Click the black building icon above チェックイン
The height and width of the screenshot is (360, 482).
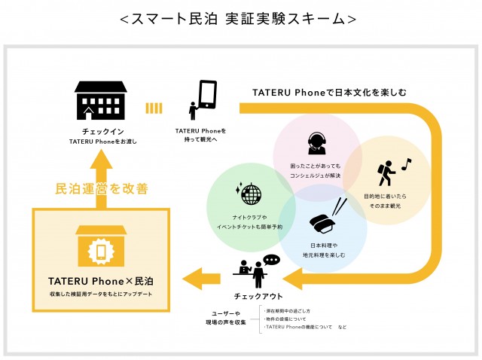click(99, 101)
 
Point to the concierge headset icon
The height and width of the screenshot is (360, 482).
click(316, 142)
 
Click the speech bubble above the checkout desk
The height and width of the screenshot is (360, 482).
click(271, 260)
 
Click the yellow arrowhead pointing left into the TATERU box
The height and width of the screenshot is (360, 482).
click(198, 276)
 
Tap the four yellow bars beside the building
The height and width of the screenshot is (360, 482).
click(154, 108)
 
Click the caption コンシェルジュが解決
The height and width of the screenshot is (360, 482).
click(316, 175)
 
